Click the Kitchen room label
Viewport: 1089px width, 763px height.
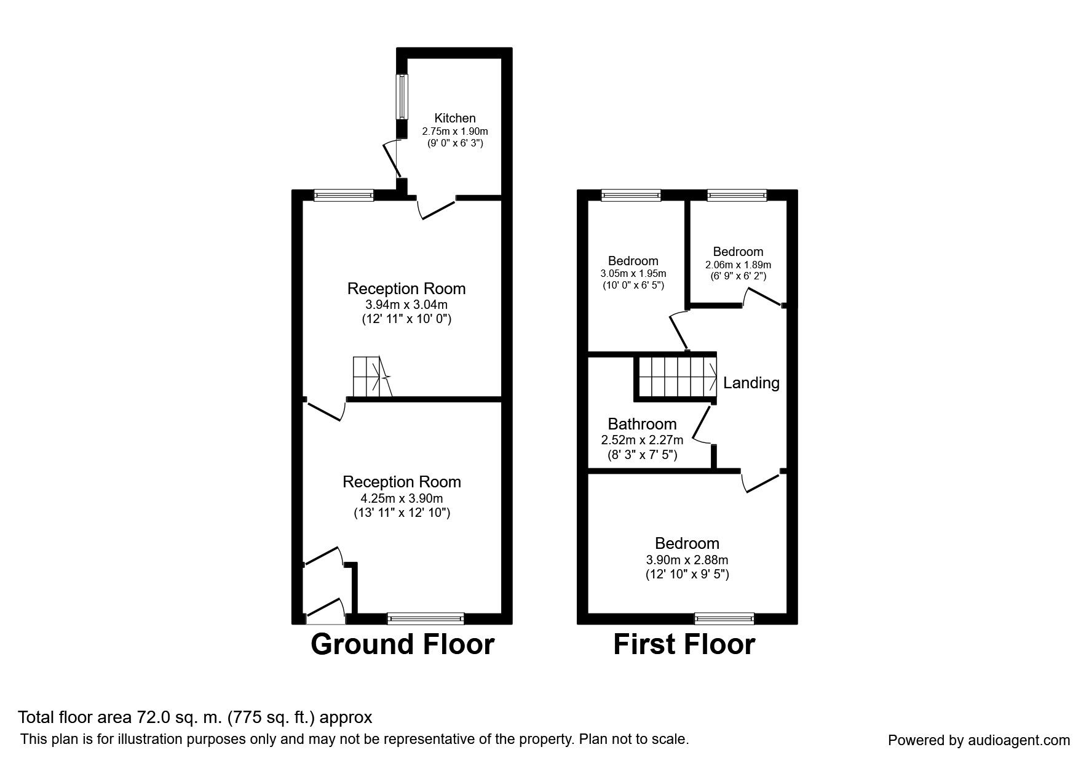(x=455, y=118)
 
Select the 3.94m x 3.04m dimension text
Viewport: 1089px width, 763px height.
(x=406, y=305)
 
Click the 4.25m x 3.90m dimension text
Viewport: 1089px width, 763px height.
(x=402, y=498)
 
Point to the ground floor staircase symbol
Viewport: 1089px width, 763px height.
(x=371, y=377)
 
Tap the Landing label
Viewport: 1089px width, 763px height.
(x=751, y=383)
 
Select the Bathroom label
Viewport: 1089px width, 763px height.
(x=642, y=424)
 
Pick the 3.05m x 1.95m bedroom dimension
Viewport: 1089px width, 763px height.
(x=633, y=274)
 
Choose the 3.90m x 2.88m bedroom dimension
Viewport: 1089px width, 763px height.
(x=687, y=560)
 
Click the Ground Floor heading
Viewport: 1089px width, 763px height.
(x=403, y=644)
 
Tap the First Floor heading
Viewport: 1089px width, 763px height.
(x=684, y=644)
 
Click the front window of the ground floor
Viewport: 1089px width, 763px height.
(x=426, y=618)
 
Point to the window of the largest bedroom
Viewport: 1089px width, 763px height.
(x=724, y=618)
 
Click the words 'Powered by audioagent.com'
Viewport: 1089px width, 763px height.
(x=979, y=740)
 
